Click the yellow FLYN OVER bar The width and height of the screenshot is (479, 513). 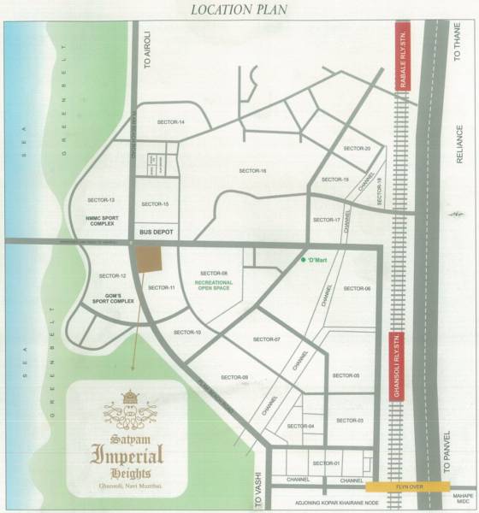click(407, 485)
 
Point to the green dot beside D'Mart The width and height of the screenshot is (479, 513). click(301, 260)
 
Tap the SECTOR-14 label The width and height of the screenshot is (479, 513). click(171, 122)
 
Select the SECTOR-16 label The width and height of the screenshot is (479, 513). click(253, 171)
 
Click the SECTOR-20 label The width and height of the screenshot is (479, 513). click(357, 149)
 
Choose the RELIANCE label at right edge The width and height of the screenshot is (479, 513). click(458, 145)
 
